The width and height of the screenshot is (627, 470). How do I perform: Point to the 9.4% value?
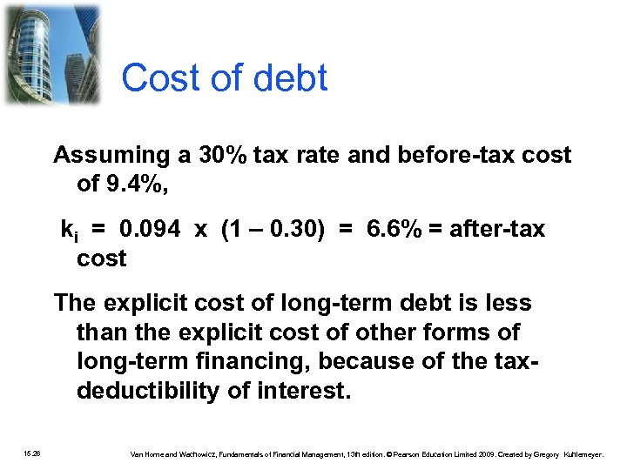[131, 185]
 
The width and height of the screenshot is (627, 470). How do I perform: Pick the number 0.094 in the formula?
[151, 229]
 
